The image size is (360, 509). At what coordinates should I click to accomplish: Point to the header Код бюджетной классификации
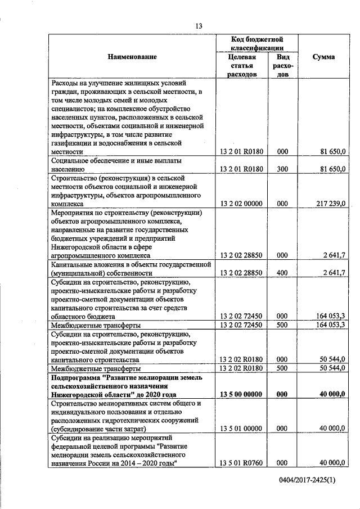click(x=256, y=44)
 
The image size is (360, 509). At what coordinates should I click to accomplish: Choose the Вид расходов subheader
click(x=282, y=65)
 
